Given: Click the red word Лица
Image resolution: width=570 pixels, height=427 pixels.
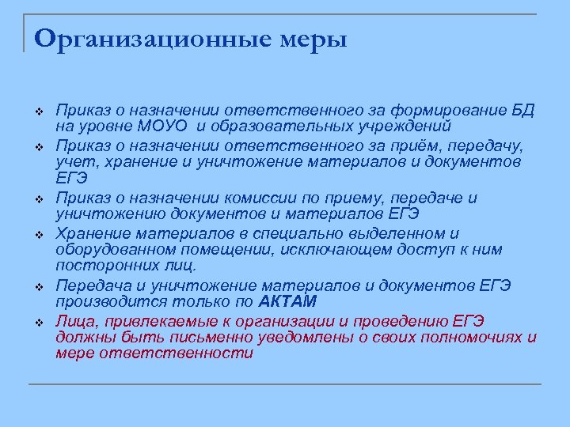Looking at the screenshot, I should pos(75,320).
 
